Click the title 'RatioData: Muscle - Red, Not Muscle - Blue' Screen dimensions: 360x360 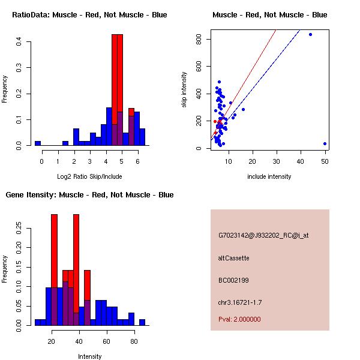[89, 14]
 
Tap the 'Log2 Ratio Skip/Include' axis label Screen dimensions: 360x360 [89, 176]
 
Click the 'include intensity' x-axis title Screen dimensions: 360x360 [269, 176]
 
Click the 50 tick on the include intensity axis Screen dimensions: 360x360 [325, 161]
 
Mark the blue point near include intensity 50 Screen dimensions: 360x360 [325, 143]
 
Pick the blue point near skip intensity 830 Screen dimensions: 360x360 [310, 34]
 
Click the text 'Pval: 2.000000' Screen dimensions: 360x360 [239, 319]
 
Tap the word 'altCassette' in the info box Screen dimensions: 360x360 [234, 258]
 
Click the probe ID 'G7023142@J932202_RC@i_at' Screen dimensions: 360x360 [263, 236]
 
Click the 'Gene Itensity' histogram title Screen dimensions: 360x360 [89, 195]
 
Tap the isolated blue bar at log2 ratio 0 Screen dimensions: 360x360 [38, 143]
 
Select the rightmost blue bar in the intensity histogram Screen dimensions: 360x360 [142, 322]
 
